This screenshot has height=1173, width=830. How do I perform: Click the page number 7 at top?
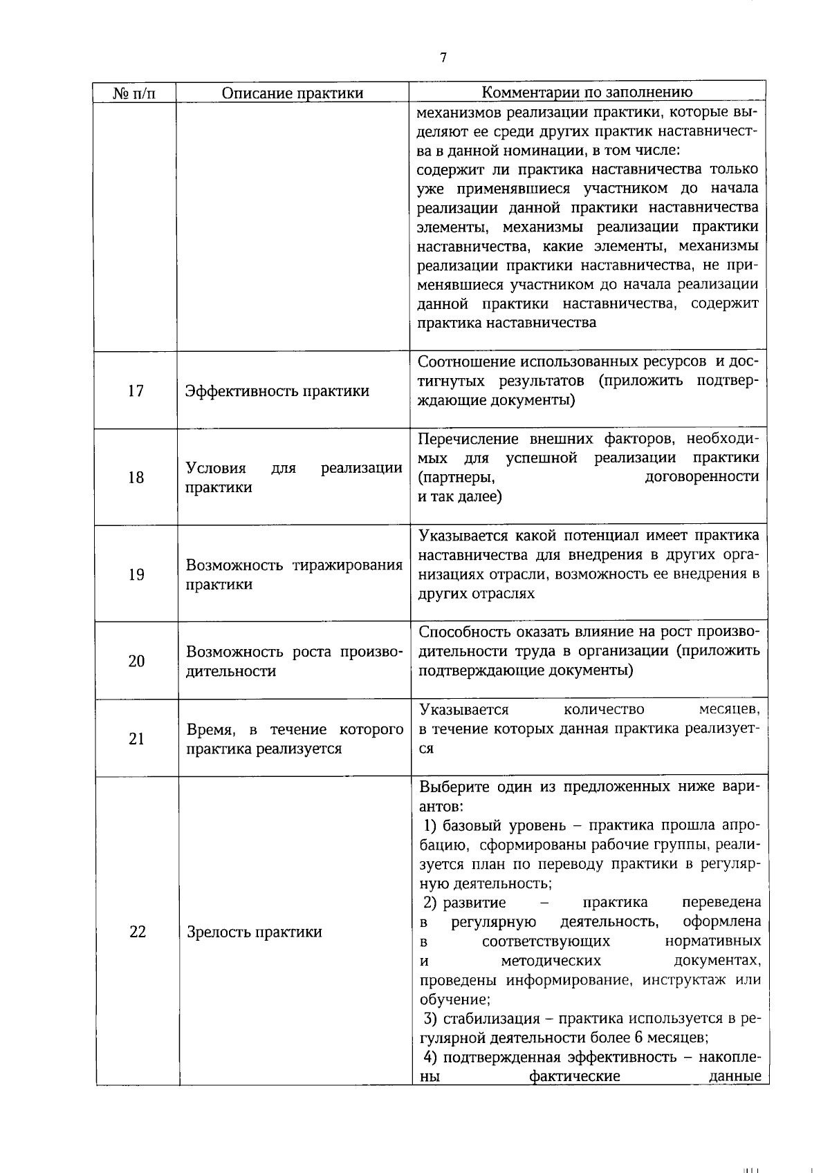(443, 58)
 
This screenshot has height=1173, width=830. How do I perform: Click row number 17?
(136, 391)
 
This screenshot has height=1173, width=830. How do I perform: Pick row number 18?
(136, 478)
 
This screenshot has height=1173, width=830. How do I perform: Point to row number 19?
(136, 574)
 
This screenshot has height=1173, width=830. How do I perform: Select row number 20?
(136, 661)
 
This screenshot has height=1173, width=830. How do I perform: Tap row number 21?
(136, 739)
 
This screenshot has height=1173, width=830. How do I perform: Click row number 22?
(137, 932)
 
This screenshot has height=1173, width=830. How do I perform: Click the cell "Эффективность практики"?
(277, 391)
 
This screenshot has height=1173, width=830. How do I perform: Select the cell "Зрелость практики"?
(255, 932)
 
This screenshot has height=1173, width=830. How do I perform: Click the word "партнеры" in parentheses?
(456, 477)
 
